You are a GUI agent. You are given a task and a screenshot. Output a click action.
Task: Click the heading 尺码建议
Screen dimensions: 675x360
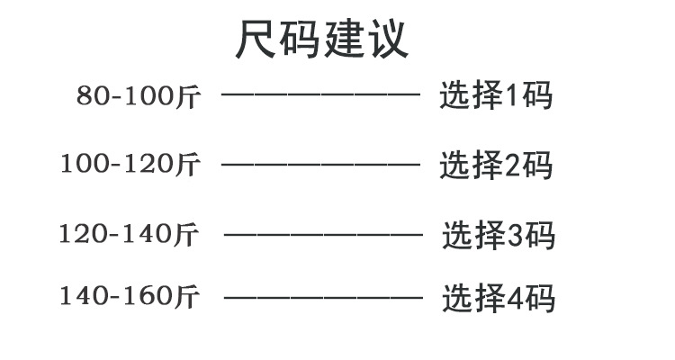321,40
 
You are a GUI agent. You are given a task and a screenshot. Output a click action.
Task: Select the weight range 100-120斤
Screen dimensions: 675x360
130,165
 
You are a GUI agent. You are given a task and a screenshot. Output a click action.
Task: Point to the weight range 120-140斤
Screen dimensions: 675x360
129,234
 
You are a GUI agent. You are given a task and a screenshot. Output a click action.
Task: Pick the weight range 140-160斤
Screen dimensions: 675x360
130,295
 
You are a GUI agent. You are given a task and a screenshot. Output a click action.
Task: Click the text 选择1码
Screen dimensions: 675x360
495,95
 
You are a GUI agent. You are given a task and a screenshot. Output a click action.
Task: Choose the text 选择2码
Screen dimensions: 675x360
495,165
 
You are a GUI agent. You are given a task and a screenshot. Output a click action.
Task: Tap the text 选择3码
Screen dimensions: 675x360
498,235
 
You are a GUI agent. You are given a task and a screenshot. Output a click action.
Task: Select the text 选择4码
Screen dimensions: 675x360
498,297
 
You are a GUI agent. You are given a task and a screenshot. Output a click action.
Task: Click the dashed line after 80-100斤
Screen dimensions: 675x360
320,94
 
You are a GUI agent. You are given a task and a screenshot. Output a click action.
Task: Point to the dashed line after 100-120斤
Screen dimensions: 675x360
320,164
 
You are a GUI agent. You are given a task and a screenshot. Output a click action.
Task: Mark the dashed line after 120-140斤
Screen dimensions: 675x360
322,234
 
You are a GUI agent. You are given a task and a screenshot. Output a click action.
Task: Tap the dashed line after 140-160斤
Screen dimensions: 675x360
322,296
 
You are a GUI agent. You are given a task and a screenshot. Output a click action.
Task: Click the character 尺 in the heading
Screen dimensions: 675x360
256,40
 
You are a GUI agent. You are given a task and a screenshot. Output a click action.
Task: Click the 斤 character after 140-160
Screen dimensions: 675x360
187,295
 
